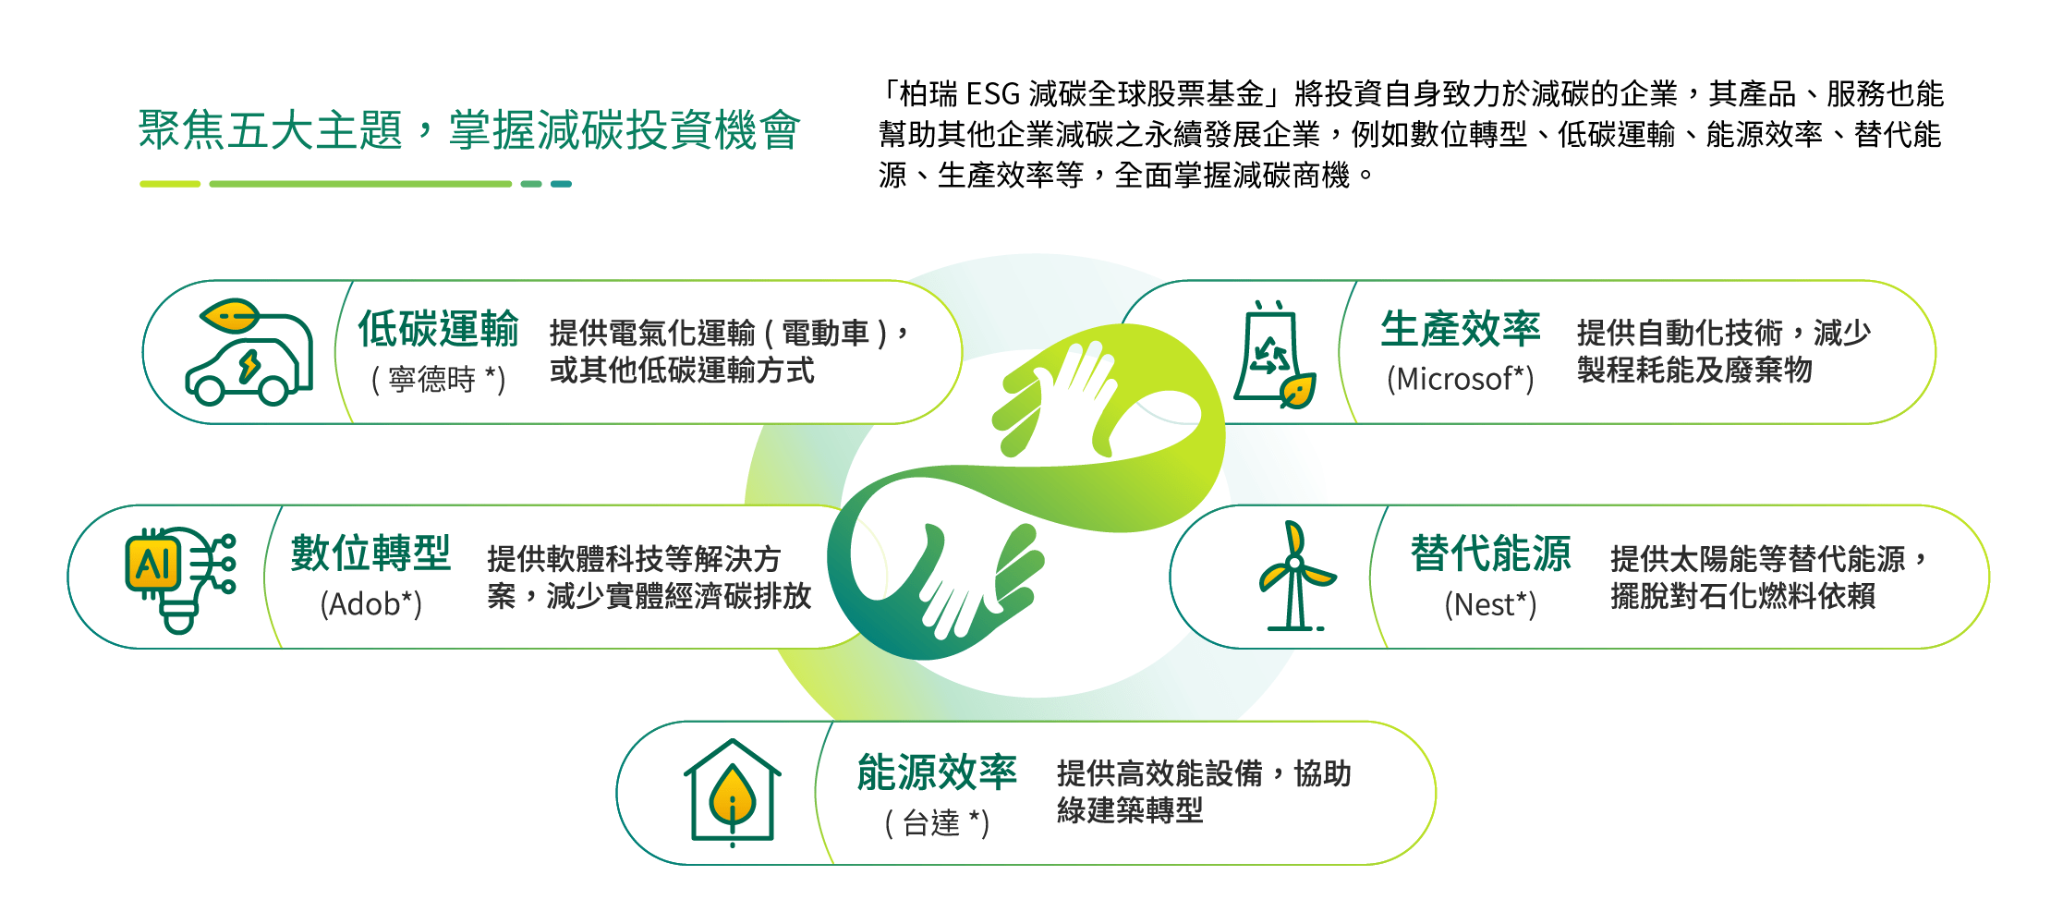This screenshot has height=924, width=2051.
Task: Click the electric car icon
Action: tap(249, 356)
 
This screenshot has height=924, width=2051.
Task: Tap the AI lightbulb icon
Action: tap(180, 577)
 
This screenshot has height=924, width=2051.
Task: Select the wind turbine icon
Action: tap(1295, 577)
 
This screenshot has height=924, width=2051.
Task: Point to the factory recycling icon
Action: tap(1274, 356)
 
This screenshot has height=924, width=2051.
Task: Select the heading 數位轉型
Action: tap(370, 553)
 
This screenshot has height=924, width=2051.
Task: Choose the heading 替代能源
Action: tap(1490, 553)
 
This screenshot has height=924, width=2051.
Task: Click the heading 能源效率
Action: tap(937, 772)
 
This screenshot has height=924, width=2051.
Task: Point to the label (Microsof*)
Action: tap(1460, 379)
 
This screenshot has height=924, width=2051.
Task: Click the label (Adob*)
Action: tap(370, 604)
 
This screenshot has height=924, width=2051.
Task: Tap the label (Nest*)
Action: tap(1490, 604)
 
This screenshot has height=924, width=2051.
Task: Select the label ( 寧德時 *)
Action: tap(438, 379)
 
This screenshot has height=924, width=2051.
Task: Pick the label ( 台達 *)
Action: tap(937, 822)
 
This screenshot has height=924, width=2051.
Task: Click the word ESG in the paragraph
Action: tap(993, 94)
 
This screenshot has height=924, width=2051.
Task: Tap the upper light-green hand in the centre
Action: tap(1062, 397)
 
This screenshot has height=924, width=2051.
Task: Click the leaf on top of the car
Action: tap(230, 316)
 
